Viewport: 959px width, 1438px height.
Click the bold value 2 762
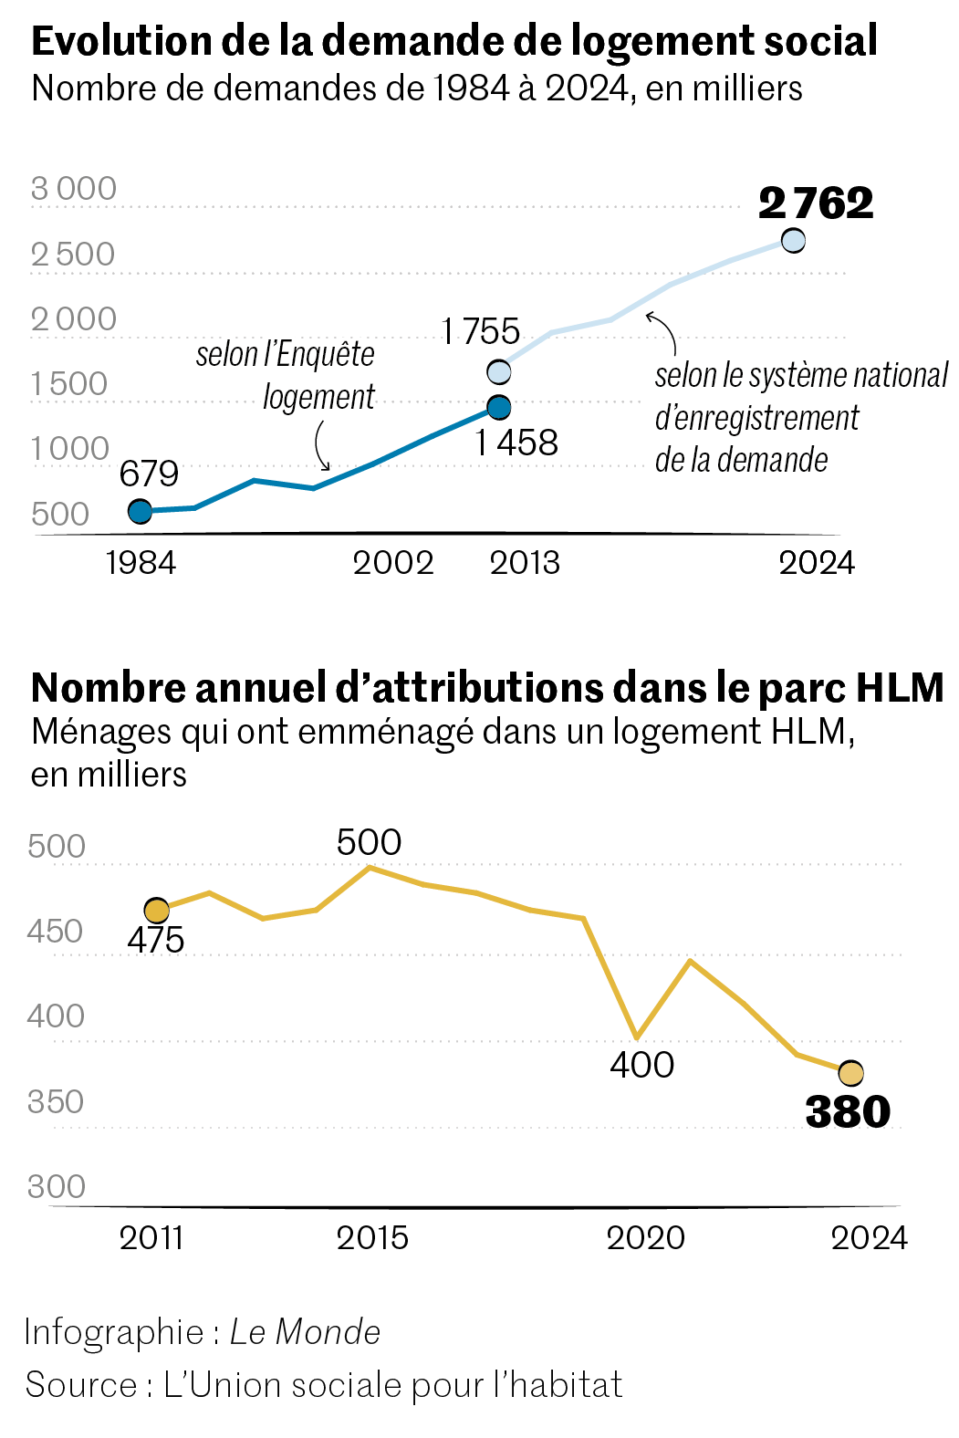(815, 203)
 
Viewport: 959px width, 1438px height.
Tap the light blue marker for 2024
(793, 240)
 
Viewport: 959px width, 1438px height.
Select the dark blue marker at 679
(140, 511)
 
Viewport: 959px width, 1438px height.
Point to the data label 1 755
(480, 331)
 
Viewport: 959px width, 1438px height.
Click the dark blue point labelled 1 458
(498, 407)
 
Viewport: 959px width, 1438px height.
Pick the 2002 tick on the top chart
(393, 563)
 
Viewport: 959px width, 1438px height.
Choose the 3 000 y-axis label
(74, 189)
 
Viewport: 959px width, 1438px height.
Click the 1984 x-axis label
(141, 563)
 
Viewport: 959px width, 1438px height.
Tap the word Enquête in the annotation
(325, 354)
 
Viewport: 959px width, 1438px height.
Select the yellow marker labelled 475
(157, 911)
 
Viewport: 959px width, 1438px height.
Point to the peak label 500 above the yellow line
(369, 842)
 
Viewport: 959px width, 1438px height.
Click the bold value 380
(848, 1112)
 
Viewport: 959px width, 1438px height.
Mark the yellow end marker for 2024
(850, 1073)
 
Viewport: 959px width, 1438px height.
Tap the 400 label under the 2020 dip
(642, 1065)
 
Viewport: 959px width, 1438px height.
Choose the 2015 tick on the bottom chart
(372, 1238)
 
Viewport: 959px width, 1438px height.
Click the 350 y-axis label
(56, 1102)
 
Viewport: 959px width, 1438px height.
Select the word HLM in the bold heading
(900, 689)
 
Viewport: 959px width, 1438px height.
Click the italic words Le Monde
(305, 1332)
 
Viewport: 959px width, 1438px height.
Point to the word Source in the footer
(79, 1385)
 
